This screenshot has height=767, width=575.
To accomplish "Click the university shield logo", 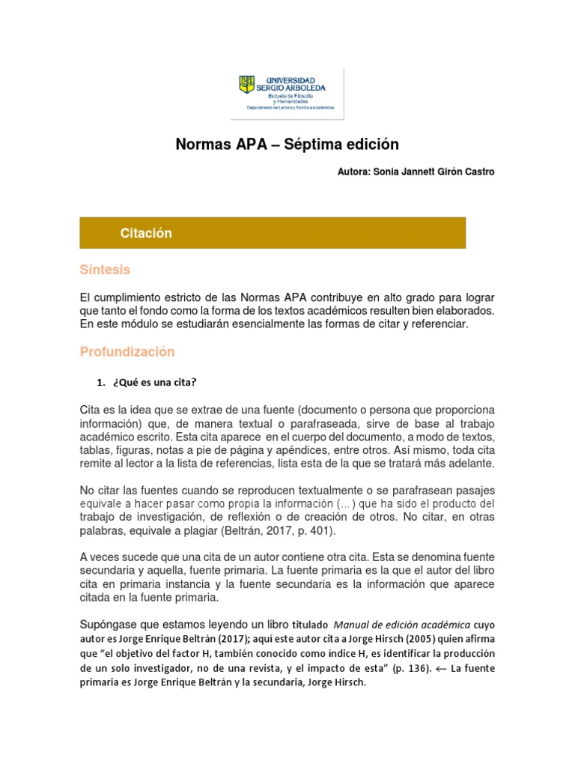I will tap(246, 85).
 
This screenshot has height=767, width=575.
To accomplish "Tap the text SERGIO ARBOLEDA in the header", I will tap(287, 88).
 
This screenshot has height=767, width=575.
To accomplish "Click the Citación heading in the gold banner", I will tap(146, 233).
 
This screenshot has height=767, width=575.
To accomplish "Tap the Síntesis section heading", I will tap(105, 270).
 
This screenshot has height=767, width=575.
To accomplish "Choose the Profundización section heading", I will tap(127, 352).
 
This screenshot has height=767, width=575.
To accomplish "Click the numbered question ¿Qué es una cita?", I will tap(154, 383).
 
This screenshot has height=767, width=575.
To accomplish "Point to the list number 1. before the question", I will tap(101, 383).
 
